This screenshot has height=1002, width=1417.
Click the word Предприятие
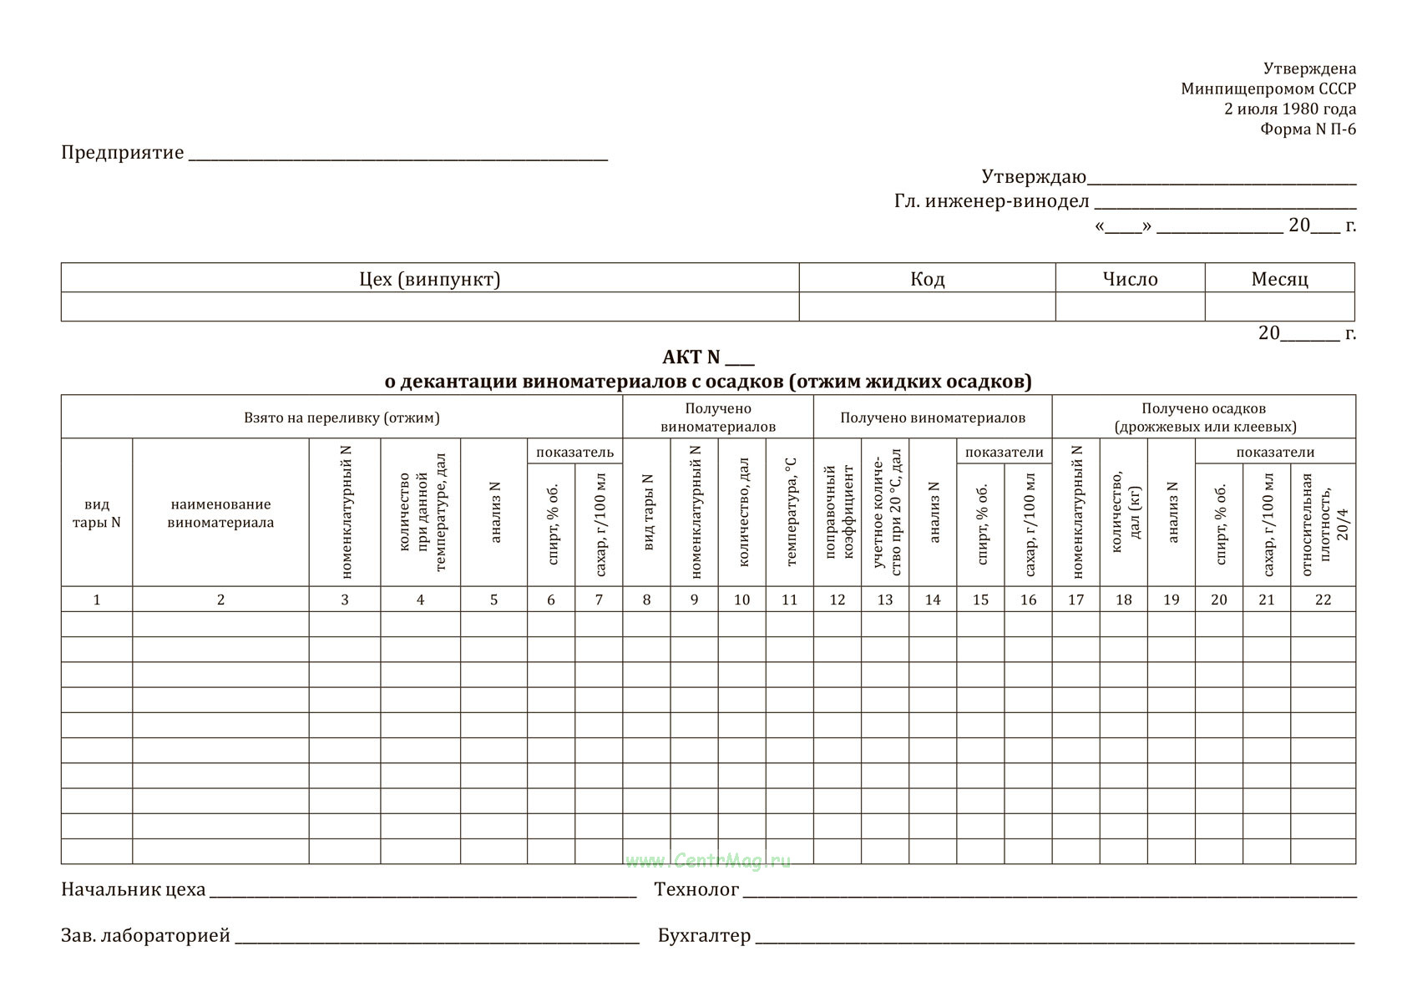click(122, 153)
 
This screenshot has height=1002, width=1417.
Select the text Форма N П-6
click(1308, 129)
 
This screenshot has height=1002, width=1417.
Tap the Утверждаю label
click(1033, 177)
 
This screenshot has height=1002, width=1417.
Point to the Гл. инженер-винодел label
click(991, 201)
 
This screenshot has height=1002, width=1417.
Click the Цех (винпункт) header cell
click(429, 279)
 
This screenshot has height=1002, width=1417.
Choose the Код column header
click(927, 279)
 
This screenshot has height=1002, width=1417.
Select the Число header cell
click(1130, 279)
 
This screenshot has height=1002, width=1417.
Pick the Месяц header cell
click(1279, 279)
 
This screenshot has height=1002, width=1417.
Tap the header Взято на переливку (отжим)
click(342, 417)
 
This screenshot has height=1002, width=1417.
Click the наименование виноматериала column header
click(220, 514)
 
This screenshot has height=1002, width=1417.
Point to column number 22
click(1323, 600)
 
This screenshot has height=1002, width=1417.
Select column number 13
click(885, 600)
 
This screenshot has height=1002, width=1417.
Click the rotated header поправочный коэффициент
click(838, 513)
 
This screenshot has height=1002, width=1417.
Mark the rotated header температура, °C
click(790, 513)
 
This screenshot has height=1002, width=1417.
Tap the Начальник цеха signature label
click(133, 890)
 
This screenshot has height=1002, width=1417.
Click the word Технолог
click(696, 890)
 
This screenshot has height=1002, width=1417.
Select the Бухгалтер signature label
click(704, 936)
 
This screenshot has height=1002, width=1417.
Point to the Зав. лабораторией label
click(145, 936)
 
